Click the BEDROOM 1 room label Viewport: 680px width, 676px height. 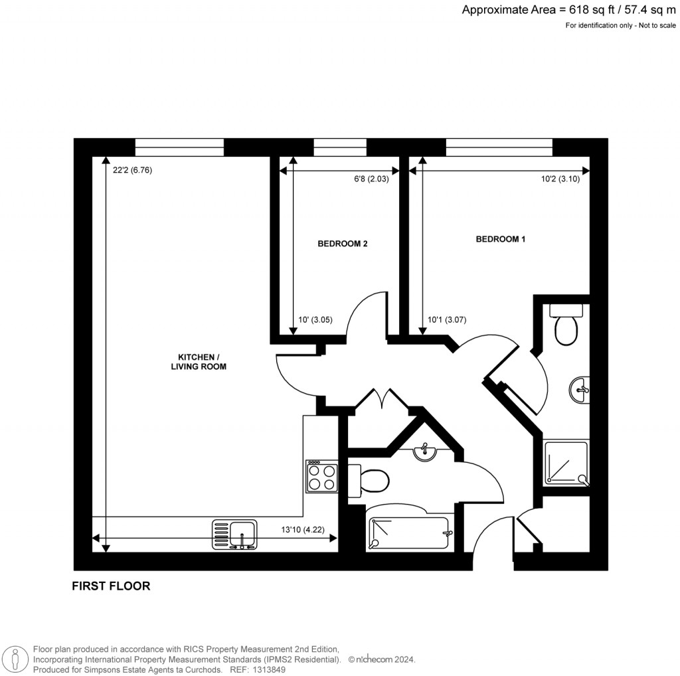pyautogui.click(x=500, y=239)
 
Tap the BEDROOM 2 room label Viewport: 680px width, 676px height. pyautogui.click(x=342, y=244)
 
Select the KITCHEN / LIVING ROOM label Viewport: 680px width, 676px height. pyautogui.click(x=199, y=361)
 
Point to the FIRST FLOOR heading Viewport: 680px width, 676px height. pyautogui.click(x=111, y=586)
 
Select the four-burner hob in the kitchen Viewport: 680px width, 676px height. pyautogui.click(x=322, y=477)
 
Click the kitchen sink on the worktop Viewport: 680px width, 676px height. pyautogui.click(x=234, y=535)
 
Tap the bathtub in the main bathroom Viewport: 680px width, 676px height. pyautogui.click(x=410, y=533)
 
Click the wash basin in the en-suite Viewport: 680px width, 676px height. pyautogui.click(x=580, y=389)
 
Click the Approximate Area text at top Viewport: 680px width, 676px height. pyautogui.click(x=569, y=9)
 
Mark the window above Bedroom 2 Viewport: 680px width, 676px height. pyautogui.click(x=340, y=147)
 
